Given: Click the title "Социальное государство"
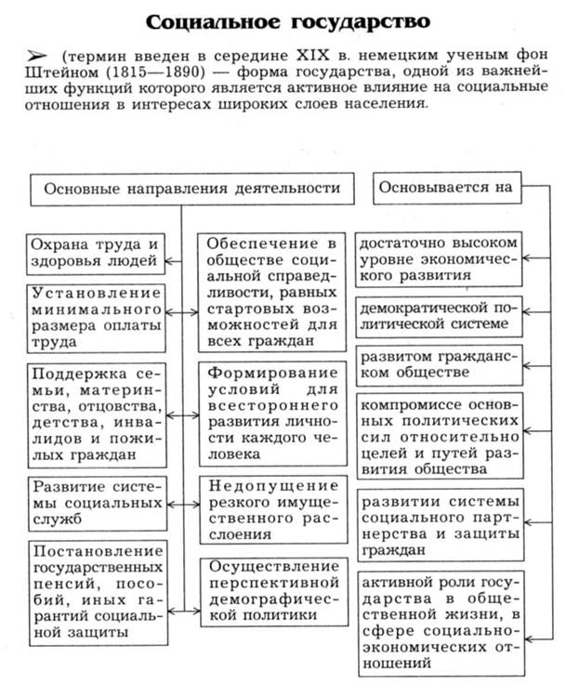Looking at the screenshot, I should [x=290, y=20].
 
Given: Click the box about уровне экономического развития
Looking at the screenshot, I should [x=438, y=257].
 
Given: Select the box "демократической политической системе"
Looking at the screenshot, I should [x=438, y=315].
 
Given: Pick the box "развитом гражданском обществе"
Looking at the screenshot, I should [x=438, y=363].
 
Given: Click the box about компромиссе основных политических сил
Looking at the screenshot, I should [x=438, y=434].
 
